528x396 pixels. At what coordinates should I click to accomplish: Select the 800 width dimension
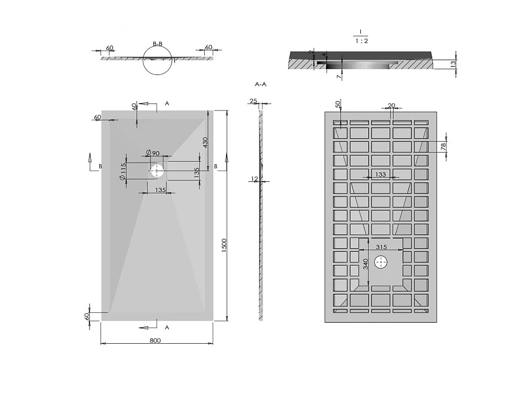point(155,341)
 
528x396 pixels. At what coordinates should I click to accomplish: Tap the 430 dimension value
point(205,142)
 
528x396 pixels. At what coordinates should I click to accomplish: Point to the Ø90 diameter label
point(153,154)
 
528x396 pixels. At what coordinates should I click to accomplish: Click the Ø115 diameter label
point(123,172)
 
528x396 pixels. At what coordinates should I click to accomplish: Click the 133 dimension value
point(380,175)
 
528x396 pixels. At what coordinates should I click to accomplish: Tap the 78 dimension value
point(443,147)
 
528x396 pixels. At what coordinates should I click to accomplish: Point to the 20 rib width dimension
point(391,106)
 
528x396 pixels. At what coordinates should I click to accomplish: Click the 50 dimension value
point(338,105)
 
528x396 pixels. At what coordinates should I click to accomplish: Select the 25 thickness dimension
point(253,101)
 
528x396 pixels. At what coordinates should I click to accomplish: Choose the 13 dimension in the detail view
point(453,63)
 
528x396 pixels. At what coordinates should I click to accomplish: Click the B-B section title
point(157,44)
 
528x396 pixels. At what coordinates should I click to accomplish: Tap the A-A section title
point(261,84)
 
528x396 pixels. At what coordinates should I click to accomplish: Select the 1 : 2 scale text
point(361,41)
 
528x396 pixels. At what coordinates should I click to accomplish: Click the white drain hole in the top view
point(157,171)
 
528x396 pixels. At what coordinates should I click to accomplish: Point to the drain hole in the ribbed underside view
point(381,263)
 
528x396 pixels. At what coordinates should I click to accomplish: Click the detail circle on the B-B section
point(158,61)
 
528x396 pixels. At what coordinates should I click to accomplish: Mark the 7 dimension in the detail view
point(337,76)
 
